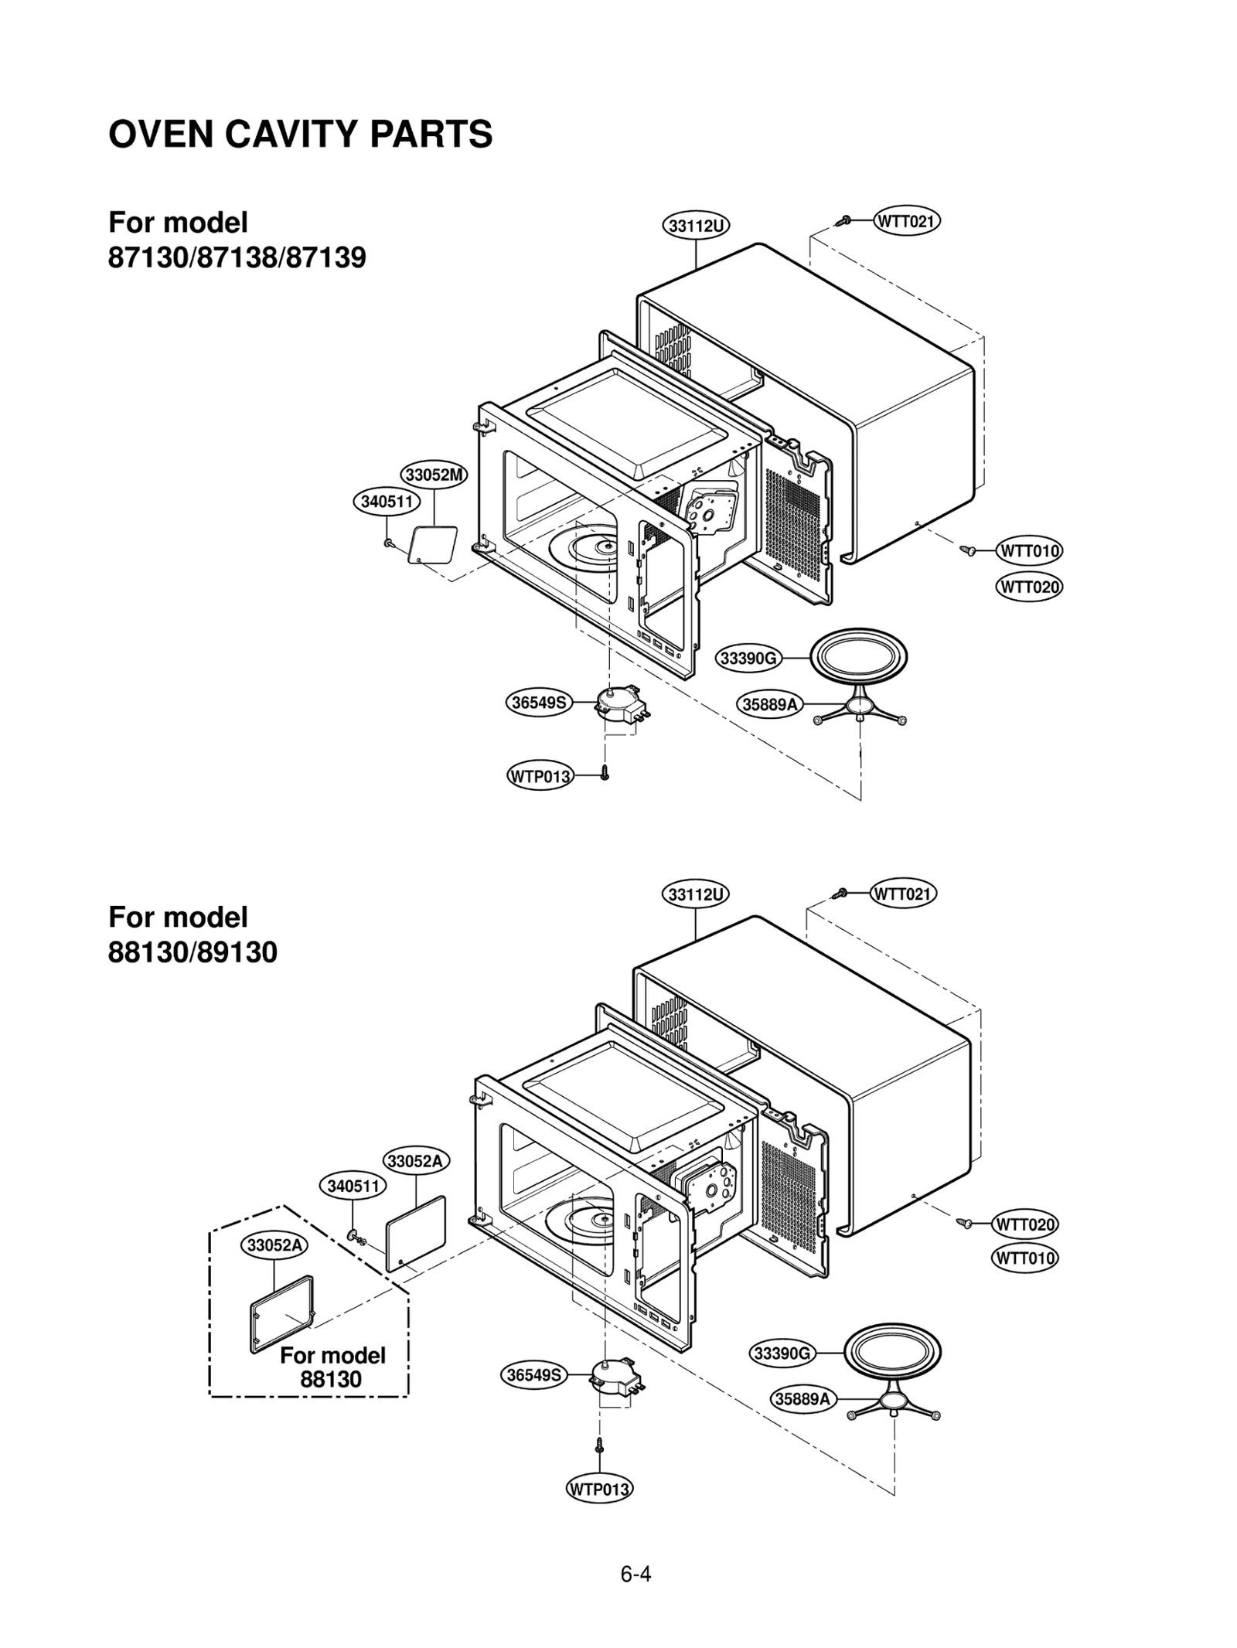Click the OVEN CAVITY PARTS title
(300, 134)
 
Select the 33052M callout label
(434, 475)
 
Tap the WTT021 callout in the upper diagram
(907, 222)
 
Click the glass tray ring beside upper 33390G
(858, 658)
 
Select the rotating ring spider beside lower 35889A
(893, 1400)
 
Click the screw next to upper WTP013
(605, 772)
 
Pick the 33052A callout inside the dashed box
(274, 1245)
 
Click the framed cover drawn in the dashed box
(282, 1313)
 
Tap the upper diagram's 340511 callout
(387, 502)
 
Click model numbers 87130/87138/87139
(237, 257)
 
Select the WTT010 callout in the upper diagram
(1029, 551)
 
